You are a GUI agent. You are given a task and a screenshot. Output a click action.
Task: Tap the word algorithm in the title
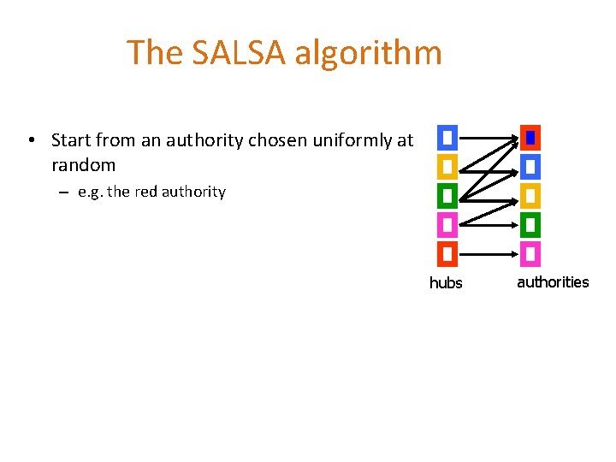[x=369, y=53]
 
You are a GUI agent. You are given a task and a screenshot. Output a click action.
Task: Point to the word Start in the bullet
[x=72, y=139]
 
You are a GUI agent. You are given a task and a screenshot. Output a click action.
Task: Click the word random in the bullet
[x=83, y=164]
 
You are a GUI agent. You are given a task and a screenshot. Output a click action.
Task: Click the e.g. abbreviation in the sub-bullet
[x=91, y=192]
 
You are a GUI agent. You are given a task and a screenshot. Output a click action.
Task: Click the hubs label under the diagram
[x=446, y=282]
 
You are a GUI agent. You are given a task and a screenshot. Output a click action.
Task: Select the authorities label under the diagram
[x=553, y=281]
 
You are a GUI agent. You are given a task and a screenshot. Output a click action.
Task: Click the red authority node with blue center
[x=530, y=137]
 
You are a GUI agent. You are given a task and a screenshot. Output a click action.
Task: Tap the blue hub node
[x=447, y=137]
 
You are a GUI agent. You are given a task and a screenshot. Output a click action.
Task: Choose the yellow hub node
[x=447, y=165]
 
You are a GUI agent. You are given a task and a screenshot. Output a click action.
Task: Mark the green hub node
[x=447, y=195]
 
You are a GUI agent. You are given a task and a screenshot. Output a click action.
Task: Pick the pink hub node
[x=447, y=224]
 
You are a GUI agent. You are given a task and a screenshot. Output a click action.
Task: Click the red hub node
[x=447, y=253]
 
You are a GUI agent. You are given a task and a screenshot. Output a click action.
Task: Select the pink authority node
[x=530, y=253]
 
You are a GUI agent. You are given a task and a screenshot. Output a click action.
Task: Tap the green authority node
[x=530, y=224]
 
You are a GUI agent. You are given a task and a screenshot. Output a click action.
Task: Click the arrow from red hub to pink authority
[x=488, y=253]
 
